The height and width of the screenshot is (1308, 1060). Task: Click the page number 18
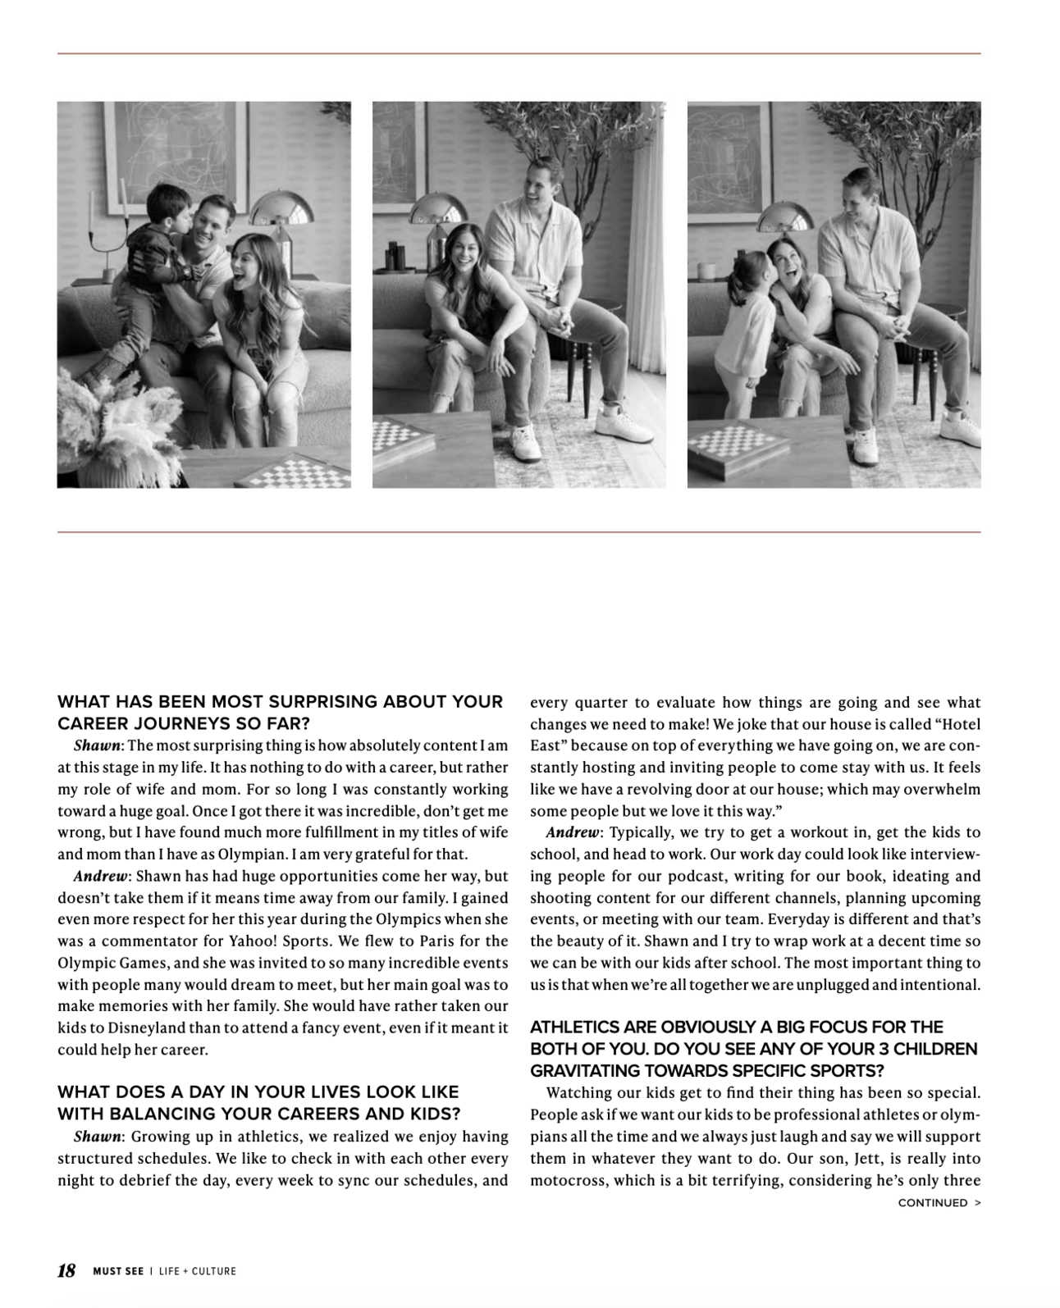[66, 1270]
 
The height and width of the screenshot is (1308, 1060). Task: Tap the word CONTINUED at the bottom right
[932, 1203]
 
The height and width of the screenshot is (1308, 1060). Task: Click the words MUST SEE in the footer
[118, 1271]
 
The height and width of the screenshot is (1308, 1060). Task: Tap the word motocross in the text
[566, 1181]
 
